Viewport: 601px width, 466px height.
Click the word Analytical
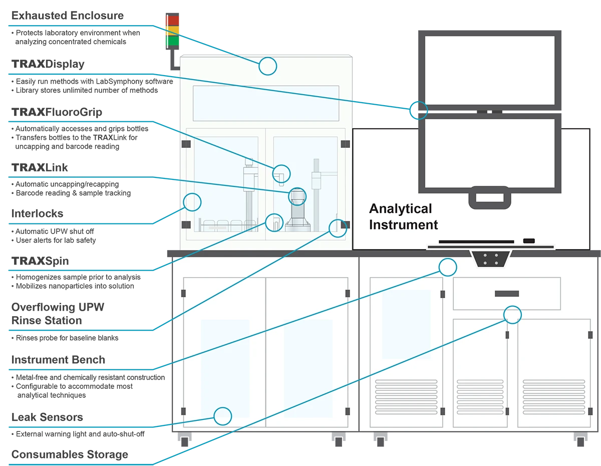pos(400,208)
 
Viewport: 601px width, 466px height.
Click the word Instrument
pos(403,225)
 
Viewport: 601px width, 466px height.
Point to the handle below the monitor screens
pos(490,197)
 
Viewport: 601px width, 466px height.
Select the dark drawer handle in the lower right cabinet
pos(506,294)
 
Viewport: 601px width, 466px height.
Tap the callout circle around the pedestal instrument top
pos(297,195)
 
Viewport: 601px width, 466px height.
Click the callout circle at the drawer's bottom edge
pos(512,315)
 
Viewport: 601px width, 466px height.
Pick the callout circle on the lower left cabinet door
pos(223,416)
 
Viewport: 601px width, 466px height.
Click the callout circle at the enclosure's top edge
pos(268,66)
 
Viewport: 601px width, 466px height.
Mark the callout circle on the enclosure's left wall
pos(192,202)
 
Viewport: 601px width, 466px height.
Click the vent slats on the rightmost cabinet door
pos(553,396)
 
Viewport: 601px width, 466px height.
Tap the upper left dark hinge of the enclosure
pos(186,144)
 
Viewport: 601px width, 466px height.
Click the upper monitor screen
pos(489,70)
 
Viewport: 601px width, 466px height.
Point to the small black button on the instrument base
pos(528,241)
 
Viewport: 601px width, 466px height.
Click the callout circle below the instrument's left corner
pos(448,267)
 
